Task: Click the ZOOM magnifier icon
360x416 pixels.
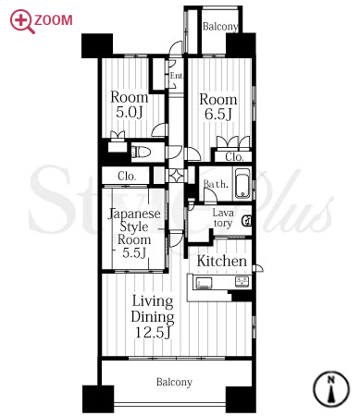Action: pos(21,21)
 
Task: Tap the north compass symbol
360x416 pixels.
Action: pos(331,389)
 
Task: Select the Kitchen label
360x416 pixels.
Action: pos(222,261)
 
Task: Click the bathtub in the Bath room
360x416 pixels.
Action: pos(242,184)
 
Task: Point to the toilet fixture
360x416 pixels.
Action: pos(141,152)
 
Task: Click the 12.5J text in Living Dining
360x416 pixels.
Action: pos(153,332)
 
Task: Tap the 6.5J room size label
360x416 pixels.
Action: pos(218,114)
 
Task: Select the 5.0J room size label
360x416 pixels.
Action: pos(130,112)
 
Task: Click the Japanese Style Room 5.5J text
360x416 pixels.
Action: pos(134,233)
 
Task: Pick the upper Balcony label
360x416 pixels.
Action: pos(220,27)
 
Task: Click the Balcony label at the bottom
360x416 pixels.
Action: pos(174,382)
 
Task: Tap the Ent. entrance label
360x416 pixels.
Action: pos(177,76)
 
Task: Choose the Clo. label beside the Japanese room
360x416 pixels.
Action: pos(127,176)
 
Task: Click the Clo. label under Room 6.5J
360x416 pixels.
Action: pos(234,157)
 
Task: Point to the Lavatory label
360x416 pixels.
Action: pos(223,218)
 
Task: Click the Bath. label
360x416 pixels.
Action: pos(216,184)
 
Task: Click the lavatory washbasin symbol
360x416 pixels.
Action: pos(247,221)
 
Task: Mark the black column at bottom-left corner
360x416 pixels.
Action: pos(98,398)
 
